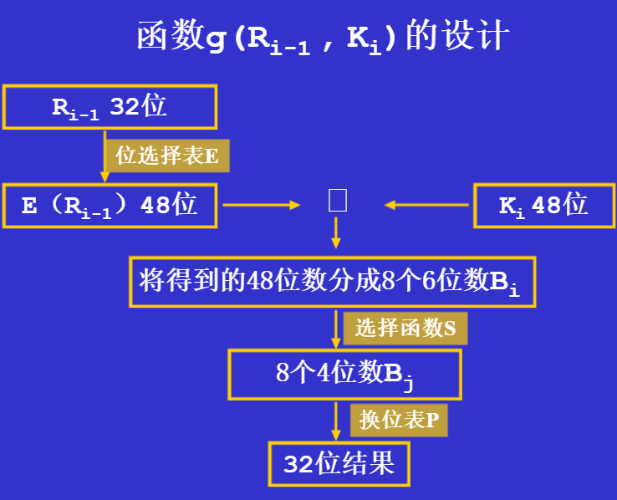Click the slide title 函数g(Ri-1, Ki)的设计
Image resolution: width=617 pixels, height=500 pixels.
323,38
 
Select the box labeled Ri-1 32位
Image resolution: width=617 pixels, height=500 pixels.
110,107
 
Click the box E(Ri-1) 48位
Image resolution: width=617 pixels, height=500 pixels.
110,205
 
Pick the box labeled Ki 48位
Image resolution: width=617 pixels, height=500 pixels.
543,205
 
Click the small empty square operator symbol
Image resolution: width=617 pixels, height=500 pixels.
337,201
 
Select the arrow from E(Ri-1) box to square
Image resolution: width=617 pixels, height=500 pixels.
261,204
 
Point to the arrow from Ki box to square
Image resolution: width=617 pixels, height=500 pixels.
426,204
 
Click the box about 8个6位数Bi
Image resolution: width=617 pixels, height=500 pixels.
332,282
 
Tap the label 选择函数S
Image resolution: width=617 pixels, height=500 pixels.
405,328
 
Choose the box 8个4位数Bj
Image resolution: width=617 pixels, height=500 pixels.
344,373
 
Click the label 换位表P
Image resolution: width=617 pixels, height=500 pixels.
399,420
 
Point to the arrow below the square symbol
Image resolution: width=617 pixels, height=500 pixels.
336,232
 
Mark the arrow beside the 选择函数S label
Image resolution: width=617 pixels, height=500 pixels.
336,328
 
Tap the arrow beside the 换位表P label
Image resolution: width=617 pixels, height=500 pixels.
336,421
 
